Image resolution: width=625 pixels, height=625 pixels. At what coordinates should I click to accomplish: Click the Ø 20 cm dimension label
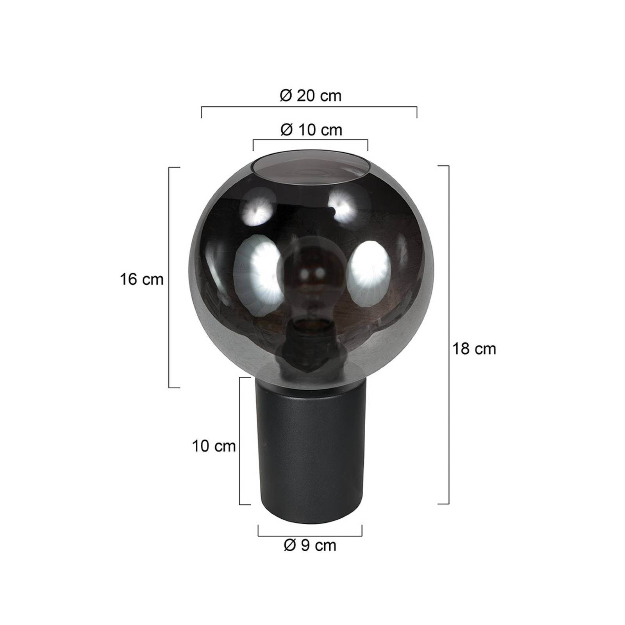pos(311,96)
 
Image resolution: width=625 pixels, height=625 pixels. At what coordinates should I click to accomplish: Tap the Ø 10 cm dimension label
pos(311,130)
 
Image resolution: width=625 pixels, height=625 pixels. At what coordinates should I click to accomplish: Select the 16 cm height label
pos(141,279)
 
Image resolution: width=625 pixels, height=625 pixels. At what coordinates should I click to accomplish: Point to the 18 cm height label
pos(474,348)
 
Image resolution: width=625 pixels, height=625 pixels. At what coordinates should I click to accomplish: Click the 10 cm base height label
pos(214,446)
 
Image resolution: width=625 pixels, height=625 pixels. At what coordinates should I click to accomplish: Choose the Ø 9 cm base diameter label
pos(310,545)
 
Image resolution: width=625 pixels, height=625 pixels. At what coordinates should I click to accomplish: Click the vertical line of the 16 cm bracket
pos(169,277)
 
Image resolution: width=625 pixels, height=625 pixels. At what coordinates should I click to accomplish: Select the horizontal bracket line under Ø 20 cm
pos(309,107)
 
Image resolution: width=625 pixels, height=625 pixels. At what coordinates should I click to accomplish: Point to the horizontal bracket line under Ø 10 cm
pos(311,140)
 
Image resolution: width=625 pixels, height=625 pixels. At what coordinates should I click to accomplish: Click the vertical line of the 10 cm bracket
pos(239,441)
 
